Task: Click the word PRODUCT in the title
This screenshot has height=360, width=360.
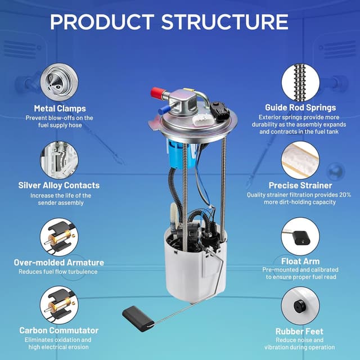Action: tap(102, 22)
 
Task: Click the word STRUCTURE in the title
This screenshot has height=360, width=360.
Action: tap(225, 22)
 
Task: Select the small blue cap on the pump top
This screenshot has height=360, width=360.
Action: tap(164, 109)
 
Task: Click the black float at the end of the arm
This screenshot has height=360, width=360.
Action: tap(138, 319)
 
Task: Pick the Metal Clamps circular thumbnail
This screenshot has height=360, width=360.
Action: tap(59, 82)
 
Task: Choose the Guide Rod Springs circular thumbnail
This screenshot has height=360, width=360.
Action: tap(300, 82)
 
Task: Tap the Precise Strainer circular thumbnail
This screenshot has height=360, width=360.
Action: tap(300, 160)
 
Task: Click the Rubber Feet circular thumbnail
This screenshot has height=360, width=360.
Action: tap(300, 305)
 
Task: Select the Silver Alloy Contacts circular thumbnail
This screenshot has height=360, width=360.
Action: tap(59, 160)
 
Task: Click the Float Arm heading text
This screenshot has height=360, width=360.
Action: tap(300, 261)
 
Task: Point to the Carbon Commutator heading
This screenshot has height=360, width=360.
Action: tap(58, 330)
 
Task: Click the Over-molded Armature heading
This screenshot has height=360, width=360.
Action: tap(58, 263)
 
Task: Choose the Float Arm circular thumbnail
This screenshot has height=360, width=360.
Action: tap(300, 236)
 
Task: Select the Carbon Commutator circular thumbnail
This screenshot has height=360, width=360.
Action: tap(59, 305)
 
